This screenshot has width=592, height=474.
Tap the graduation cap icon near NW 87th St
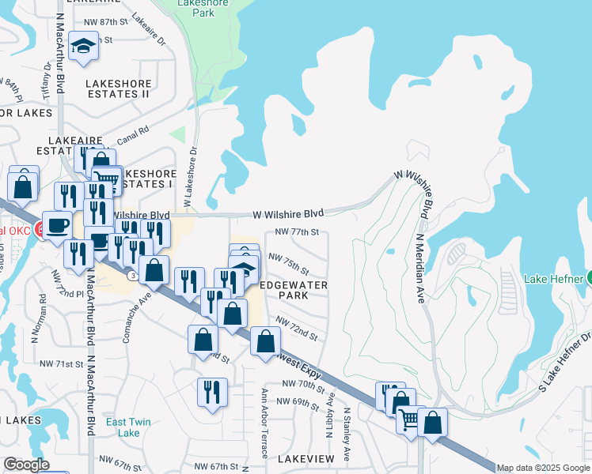click(82, 47)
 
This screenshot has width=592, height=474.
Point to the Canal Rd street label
click(131, 138)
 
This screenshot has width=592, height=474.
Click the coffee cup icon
click(56, 225)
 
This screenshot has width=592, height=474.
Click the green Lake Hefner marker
click(588, 279)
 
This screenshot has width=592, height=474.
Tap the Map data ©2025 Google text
click(543, 468)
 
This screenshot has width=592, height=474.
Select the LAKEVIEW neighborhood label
click(303, 458)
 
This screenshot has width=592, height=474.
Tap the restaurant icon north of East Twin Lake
click(211, 392)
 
